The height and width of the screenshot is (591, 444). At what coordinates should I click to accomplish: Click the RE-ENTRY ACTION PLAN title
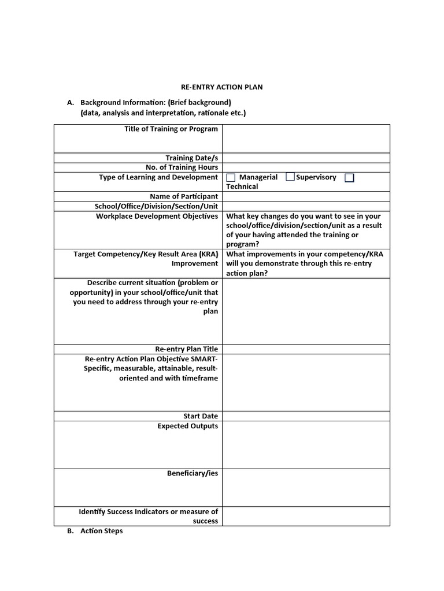pyautogui.click(x=223, y=87)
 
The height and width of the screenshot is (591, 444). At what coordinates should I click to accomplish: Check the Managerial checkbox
pyautogui.click(x=231, y=178)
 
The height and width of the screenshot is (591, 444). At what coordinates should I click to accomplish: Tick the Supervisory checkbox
pyautogui.click(x=290, y=177)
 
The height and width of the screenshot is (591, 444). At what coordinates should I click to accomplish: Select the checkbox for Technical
pyautogui.click(x=349, y=178)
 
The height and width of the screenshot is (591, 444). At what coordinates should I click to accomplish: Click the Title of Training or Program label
pyautogui.click(x=171, y=129)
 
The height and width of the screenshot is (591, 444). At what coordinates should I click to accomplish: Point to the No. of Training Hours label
pyautogui.click(x=182, y=167)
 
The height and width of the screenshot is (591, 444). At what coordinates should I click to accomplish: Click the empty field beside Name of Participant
pyautogui.click(x=306, y=196)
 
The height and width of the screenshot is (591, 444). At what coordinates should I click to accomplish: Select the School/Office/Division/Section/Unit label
pyautogui.click(x=156, y=206)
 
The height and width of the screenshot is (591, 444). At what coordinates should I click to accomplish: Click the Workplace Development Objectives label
pyautogui.click(x=157, y=216)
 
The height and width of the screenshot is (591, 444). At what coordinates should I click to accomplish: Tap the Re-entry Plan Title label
pyautogui.click(x=186, y=349)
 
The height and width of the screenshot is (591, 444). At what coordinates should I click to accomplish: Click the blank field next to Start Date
pyautogui.click(x=306, y=416)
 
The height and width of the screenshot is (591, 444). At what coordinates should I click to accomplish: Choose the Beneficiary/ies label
pyautogui.click(x=193, y=473)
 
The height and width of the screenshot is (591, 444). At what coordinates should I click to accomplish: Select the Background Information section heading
pyautogui.click(x=156, y=103)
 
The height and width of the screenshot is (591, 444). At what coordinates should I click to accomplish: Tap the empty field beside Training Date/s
pyautogui.click(x=306, y=158)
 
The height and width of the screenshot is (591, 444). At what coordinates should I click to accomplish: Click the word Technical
pyautogui.click(x=242, y=186)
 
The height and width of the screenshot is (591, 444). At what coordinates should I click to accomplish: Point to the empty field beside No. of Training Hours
pyautogui.click(x=306, y=167)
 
